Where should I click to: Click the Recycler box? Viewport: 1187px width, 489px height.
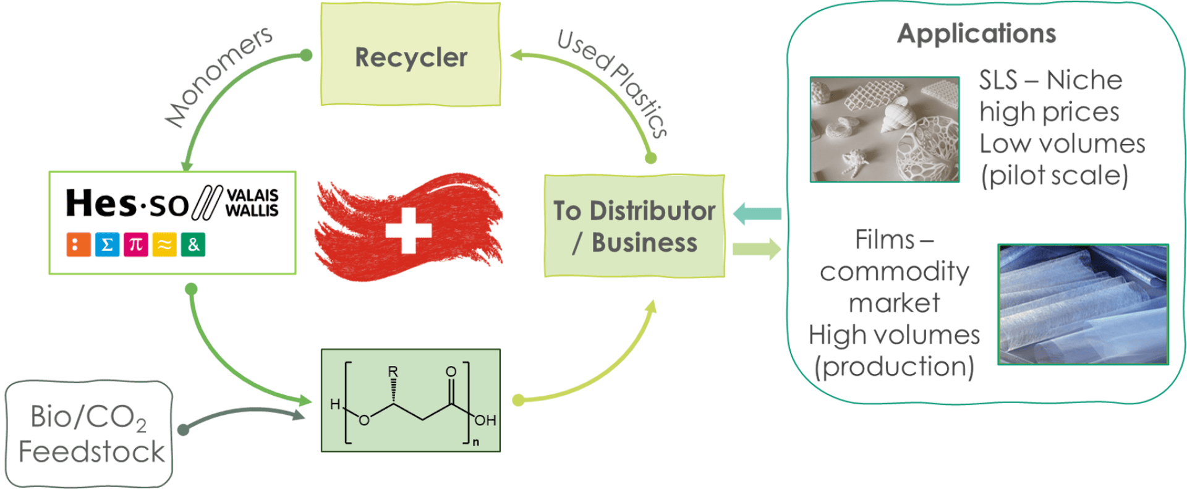[x=411, y=56]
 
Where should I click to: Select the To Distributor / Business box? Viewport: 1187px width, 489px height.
[x=634, y=226]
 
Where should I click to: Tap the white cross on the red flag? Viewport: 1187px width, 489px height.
[x=408, y=230]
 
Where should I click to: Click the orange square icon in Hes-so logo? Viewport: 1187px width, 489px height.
[x=79, y=245]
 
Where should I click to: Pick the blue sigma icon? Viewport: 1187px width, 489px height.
[x=107, y=245]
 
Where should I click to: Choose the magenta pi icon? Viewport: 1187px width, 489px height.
[x=135, y=245]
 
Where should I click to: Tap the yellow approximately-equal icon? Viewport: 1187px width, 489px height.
[x=164, y=245]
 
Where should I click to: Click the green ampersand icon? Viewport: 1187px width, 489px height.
[x=193, y=245]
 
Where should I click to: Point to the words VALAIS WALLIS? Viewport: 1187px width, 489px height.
[x=252, y=203]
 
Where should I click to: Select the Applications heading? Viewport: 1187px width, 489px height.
[x=977, y=33]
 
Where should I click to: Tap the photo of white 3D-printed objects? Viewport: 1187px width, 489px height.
[x=885, y=129]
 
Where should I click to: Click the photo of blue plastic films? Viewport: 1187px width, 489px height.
[x=1083, y=304]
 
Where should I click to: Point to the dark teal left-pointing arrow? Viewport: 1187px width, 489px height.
[x=757, y=214]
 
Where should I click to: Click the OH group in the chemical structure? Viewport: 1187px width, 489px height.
[x=485, y=420]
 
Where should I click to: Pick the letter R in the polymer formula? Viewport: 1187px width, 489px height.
[x=393, y=372]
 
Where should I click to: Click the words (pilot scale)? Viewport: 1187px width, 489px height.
[x=1055, y=176]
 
